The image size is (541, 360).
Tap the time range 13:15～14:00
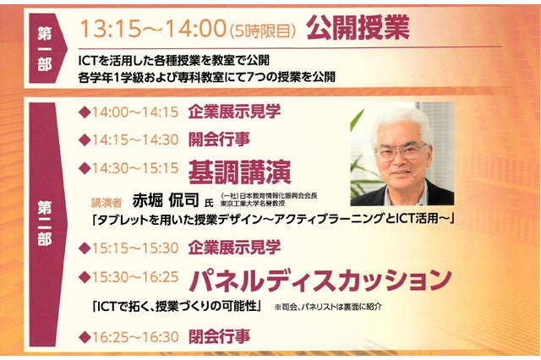point(152,29)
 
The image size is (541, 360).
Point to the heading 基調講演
point(239,171)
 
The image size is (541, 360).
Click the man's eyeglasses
point(400,152)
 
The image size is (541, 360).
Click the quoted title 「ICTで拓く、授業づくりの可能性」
point(178,305)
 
